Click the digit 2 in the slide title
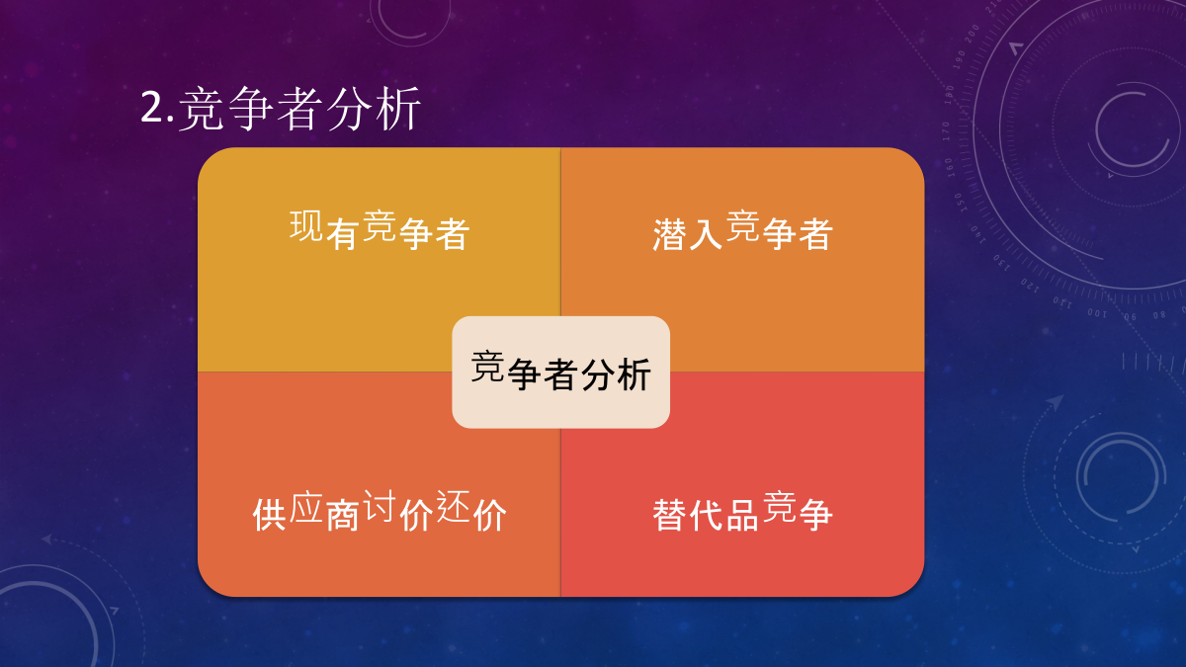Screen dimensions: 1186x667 [153, 107]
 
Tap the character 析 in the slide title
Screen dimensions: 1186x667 [397, 109]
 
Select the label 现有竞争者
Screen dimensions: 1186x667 [380, 229]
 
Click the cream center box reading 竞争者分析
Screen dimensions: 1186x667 [560, 373]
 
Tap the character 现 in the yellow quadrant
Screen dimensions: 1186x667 [306, 225]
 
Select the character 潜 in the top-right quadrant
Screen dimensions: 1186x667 [670, 234]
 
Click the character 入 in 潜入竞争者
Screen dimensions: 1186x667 [706, 234]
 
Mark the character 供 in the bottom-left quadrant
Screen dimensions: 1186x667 [270, 515]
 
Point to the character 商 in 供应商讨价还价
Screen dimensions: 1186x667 [343, 515]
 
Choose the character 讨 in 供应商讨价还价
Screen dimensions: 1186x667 [380, 506]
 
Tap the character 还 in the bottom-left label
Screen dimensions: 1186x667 [454, 506]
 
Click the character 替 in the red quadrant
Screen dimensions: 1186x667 [670, 515]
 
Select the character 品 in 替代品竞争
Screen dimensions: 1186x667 [742, 515]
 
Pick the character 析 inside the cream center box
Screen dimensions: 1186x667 [634, 375]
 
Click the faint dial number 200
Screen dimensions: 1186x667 [973, 34]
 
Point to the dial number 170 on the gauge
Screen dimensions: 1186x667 [946, 130]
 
